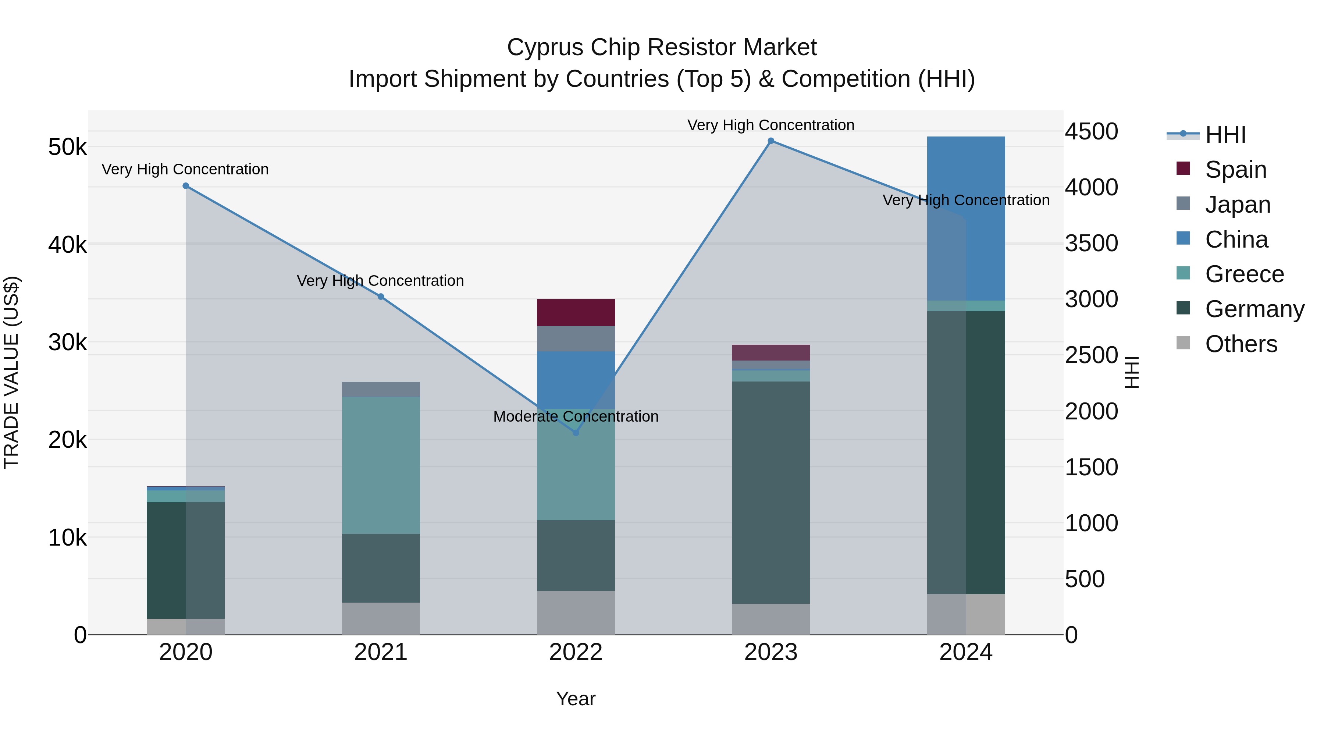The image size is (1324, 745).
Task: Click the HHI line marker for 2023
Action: tap(770, 141)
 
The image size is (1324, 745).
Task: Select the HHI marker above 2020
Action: tap(186, 186)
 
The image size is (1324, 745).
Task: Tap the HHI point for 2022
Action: tap(576, 433)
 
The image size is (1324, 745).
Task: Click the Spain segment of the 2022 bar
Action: tap(576, 312)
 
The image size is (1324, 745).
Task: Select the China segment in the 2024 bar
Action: tap(966, 219)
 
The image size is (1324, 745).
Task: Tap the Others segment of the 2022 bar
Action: tap(576, 612)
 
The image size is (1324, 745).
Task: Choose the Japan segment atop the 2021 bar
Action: tap(381, 389)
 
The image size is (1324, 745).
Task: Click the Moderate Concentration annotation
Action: tap(576, 416)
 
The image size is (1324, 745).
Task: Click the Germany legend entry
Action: tap(1254, 309)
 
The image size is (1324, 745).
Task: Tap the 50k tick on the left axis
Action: tap(67, 148)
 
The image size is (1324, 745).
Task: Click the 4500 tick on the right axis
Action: tap(1091, 132)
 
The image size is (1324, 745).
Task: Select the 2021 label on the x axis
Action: tap(381, 652)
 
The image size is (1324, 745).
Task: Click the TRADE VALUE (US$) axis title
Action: tap(12, 372)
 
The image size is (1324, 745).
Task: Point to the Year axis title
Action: tap(576, 699)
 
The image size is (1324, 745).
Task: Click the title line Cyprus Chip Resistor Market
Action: tap(662, 47)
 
